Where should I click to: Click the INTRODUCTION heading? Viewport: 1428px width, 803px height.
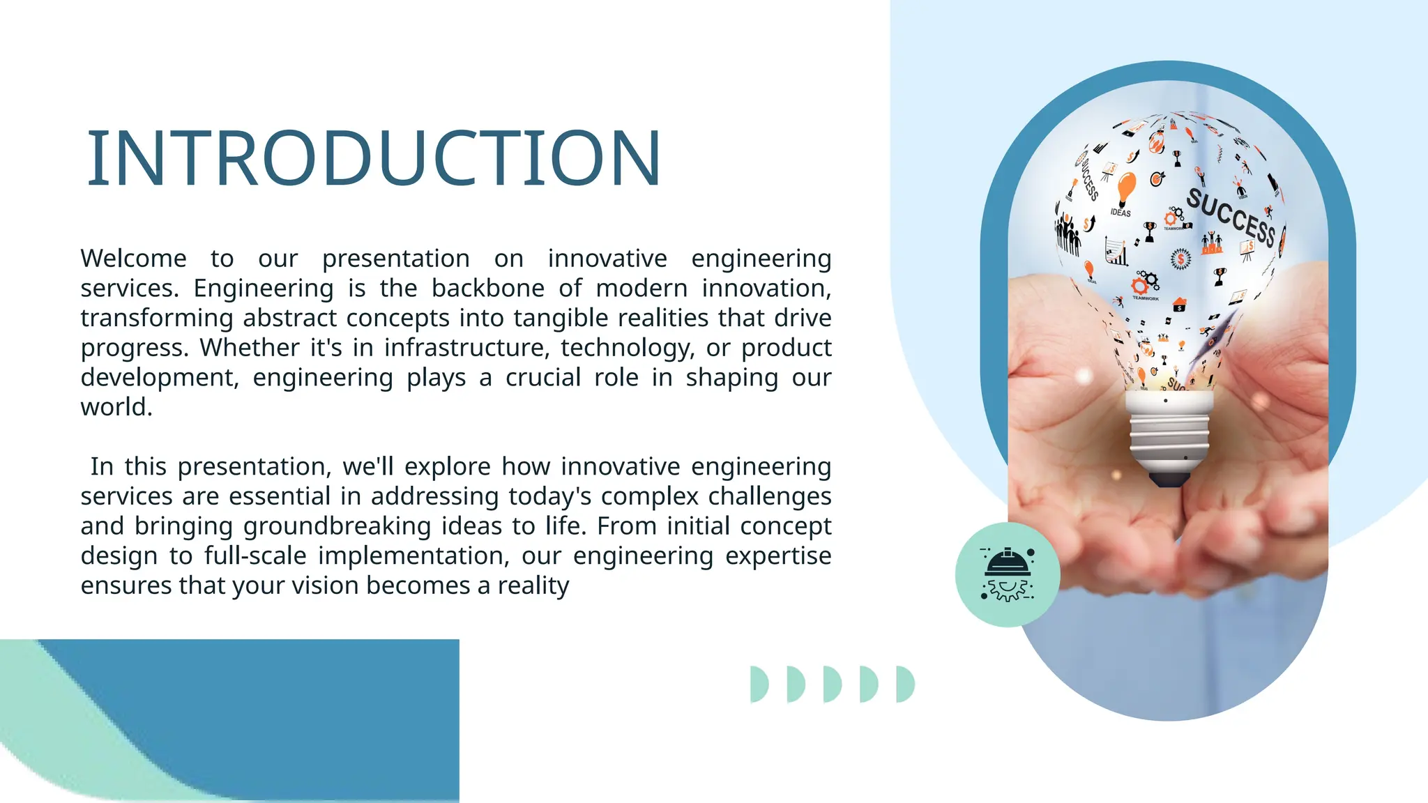point(374,159)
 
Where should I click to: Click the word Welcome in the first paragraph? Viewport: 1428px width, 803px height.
point(133,259)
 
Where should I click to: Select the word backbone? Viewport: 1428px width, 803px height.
point(488,289)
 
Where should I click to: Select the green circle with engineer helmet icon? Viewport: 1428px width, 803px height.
point(1008,574)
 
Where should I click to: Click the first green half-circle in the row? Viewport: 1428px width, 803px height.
point(758,684)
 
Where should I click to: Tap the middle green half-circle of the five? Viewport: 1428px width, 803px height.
point(831,684)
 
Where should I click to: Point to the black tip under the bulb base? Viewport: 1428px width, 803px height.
point(1169,479)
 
